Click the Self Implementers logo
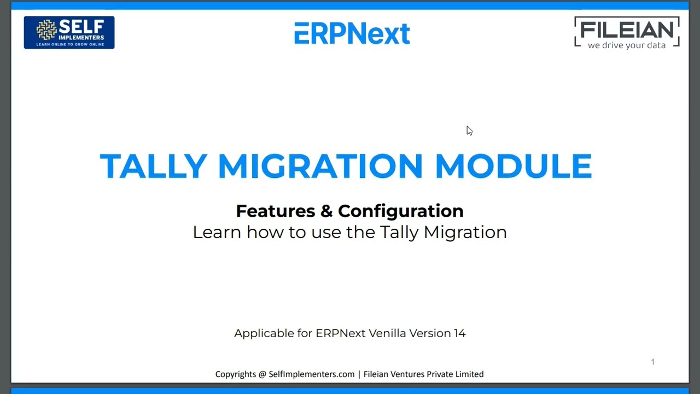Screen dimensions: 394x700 69,32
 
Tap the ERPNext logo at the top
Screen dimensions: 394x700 352,33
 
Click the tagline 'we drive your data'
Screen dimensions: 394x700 627,45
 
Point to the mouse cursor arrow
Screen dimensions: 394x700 469,130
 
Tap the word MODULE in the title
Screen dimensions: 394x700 513,166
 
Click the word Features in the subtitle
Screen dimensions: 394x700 276,211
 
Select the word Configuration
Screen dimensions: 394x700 400,211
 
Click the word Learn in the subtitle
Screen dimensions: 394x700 217,232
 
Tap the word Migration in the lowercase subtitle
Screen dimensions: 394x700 465,232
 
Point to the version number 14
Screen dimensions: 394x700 459,333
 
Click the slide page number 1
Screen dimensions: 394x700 652,362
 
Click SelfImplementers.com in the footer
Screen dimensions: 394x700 312,374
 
